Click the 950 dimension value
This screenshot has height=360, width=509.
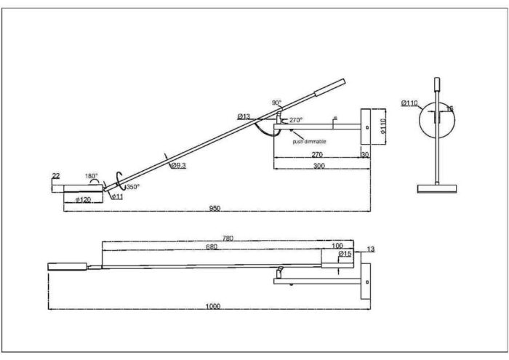pyautogui.click(x=215, y=209)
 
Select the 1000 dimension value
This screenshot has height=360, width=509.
pyautogui.click(x=212, y=306)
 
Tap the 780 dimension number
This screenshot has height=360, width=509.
pyautogui.click(x=228, y=238)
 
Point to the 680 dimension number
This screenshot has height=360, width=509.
pyautogui.click(x=212, y=246)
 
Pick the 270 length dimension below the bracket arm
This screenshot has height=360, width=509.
pyautogui.click(x=317, y=155)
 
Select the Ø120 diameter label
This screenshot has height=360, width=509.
pyautogui.click(x=83, y=199)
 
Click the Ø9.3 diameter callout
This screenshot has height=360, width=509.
pyautogui.click(x=178, y=166)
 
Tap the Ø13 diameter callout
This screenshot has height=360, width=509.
pyautogui.click(x=244, y=116)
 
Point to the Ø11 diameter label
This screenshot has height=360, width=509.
pyautogui.click(x=117, y=196)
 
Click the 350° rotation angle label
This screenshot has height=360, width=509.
pyautogui.click(x=132, y=186)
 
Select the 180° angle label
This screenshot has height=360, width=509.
pyautogui.click(x=91, y=176)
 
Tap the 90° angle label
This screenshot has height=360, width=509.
pyautogui.click(x=276, y=103)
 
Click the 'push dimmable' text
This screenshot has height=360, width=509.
pyautogui.click(x=309, y=141)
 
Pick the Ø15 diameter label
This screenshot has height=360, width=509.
pyautogui.click(x=345, y=254)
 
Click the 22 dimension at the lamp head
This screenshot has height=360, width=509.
pyautogui.click(x=55, y=176)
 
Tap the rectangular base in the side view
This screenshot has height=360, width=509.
pyautogui.click(x=436, y=188)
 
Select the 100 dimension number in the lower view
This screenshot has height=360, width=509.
pyautogui.click(x=337, y=246)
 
